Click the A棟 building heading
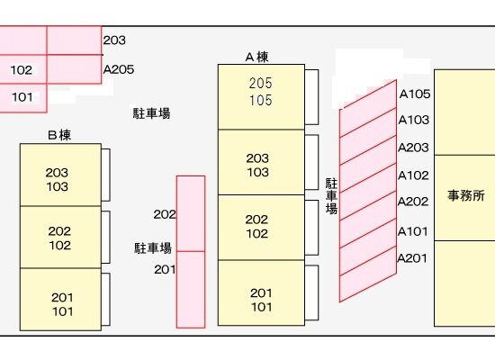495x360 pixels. pos(257,58)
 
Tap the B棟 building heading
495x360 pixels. pos(59,135)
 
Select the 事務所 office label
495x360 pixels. pos(466,196)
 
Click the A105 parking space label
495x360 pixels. pos(415,94)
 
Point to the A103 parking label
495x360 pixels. pos(414,120)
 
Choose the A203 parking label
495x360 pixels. pos(413,148)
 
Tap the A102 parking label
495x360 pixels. pos(413,175)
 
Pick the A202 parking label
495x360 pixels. pos(413,202)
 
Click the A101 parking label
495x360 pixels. pos(412,231)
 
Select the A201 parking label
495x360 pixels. pos(412,258)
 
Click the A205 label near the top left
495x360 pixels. pos(119,69)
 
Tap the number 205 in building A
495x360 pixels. pos(260,84)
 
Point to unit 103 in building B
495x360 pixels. pos(57,186)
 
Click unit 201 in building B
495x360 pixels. pos(62,298)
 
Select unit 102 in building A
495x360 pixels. pos(257,234)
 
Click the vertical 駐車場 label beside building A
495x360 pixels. pos(331,196)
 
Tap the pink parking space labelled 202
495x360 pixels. pos(191,214)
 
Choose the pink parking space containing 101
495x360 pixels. pos(23,98)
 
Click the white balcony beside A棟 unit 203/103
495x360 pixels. pos(311,162)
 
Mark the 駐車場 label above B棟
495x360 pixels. pos(151,113)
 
